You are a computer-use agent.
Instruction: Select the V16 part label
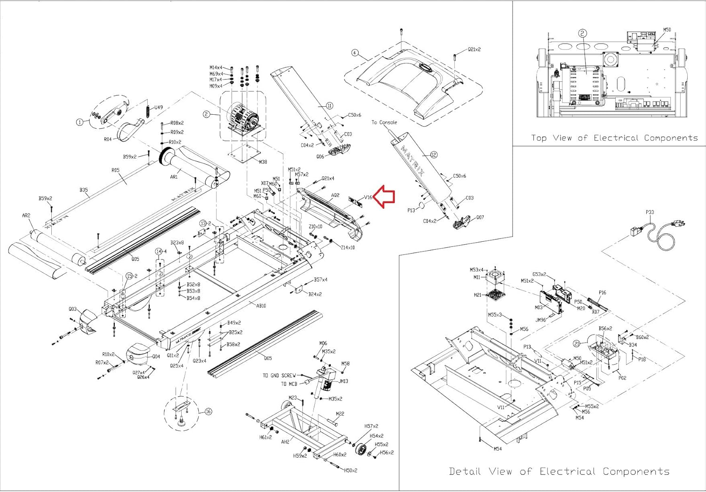coord(368,198)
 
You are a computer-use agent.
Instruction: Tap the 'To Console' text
coord(384,122)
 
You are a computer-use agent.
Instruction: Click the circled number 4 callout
coord(355,53)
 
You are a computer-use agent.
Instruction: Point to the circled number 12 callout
coord(433,155)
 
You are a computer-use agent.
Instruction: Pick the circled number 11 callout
coord(329,106)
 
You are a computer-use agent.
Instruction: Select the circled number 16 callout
coord(208,412)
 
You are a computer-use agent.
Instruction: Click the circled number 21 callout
coord(577,344)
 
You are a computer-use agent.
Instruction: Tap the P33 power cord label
coord(650,212)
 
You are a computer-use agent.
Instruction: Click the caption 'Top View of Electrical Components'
coord(614,138)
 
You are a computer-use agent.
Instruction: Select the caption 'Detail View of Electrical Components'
coord(559,471)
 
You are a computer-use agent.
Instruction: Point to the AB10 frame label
coord(261,306)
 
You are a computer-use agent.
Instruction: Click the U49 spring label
coord(159,107)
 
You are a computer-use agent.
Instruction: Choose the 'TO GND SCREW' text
coord(279,375)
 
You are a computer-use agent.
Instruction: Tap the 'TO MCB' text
coord(289,384)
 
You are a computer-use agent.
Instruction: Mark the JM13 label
coord(343,381)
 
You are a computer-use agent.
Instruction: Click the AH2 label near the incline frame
coord(285,442)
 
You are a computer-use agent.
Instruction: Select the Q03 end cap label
coord(72,309)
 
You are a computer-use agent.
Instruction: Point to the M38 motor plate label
coord(263,162)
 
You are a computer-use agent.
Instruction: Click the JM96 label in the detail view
coord(540,320)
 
